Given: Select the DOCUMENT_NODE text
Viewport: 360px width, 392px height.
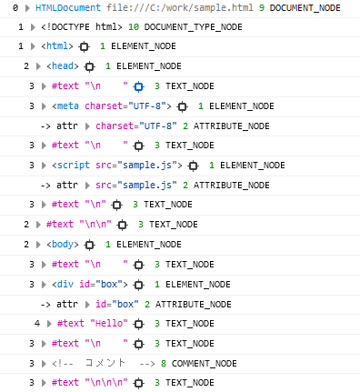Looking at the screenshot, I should click(x=305, y=8).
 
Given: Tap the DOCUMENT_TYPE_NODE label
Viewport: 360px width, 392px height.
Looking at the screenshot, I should click(x=194, y=27).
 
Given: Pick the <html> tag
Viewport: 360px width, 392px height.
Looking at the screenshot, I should click(x=57, y=46).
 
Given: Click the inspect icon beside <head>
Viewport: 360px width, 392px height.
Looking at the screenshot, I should click(x=89, y=66).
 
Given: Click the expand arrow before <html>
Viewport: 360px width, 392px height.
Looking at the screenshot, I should click(x=35, y=46).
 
